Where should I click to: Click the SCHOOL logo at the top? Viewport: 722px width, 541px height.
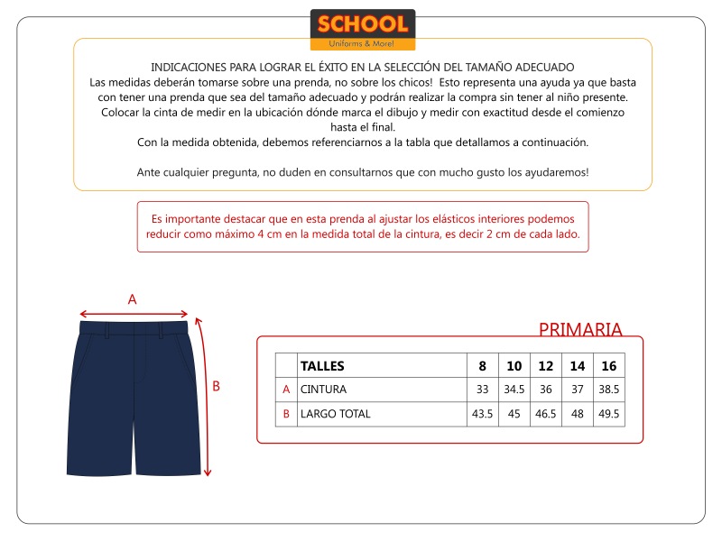tap(362, 29)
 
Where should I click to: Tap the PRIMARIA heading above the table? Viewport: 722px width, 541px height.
tap(580, 329)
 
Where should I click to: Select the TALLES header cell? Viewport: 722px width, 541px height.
tap(321, 366)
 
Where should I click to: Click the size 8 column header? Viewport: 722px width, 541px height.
tap(482, 366)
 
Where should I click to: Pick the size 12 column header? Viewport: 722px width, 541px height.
tap(545, 366)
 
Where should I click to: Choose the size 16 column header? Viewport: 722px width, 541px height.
tap(609, 366)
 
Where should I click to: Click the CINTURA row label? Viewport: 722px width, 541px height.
tap(323, 390)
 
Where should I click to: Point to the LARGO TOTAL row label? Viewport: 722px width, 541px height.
tap(335, 414)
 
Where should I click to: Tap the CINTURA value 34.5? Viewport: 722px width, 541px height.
tap(514, 390)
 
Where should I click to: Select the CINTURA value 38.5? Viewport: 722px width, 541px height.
tap(609, 390)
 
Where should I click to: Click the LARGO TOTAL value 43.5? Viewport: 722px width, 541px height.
tap(482, 414)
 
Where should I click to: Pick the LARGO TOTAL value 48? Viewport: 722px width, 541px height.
tap(578, 414)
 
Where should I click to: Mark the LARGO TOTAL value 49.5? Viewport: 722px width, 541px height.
tap(609, 414)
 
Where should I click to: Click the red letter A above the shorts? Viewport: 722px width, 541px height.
tap(132, 299)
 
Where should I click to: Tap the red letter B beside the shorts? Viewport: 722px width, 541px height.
tap(216, 386)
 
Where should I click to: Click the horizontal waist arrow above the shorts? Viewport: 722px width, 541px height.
tap(134, 314)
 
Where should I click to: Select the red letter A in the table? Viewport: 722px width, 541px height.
tap(286, 390)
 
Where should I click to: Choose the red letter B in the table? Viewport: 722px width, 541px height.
tap(286, 414)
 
